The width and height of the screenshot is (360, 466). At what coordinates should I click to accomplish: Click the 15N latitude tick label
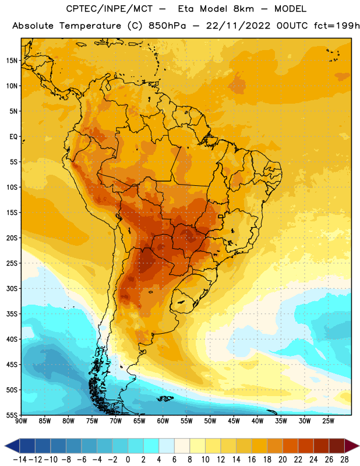(12, 61)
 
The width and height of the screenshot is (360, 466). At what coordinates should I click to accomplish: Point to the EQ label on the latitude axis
(13, 137)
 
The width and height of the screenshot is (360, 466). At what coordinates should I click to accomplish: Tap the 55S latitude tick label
(12, 415)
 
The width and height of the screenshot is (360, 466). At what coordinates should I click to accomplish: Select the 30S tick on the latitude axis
(12, 288)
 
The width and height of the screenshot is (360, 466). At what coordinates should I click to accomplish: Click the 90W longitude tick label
(21, 421)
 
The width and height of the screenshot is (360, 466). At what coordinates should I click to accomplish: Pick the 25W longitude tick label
(328, 421)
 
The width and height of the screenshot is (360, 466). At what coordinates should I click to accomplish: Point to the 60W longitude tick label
(163, 421)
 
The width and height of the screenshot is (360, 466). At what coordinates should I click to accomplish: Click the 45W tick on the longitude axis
(234, 421)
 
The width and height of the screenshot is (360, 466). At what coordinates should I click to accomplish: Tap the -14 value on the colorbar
(20, 460)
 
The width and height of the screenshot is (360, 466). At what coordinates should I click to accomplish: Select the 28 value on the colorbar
(344, 460)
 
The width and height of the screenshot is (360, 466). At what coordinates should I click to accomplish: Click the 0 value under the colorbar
(128, 460)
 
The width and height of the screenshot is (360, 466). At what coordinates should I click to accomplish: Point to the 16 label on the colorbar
(252, 460)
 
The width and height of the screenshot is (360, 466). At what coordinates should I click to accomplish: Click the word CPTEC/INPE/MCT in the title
(110, 9)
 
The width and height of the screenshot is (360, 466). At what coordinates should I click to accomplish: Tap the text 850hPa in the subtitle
(167, 26)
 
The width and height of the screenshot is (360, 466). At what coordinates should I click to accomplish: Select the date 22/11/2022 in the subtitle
(238, 26)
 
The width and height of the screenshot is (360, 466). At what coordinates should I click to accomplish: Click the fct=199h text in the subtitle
(337, 26)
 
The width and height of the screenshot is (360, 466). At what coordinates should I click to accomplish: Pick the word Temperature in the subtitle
(90, 26)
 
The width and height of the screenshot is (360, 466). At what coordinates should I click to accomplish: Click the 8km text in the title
(243, 9)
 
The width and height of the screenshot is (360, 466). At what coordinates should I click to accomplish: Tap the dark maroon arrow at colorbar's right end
(352, 446)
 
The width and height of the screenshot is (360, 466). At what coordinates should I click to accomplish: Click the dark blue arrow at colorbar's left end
(12, 446)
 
